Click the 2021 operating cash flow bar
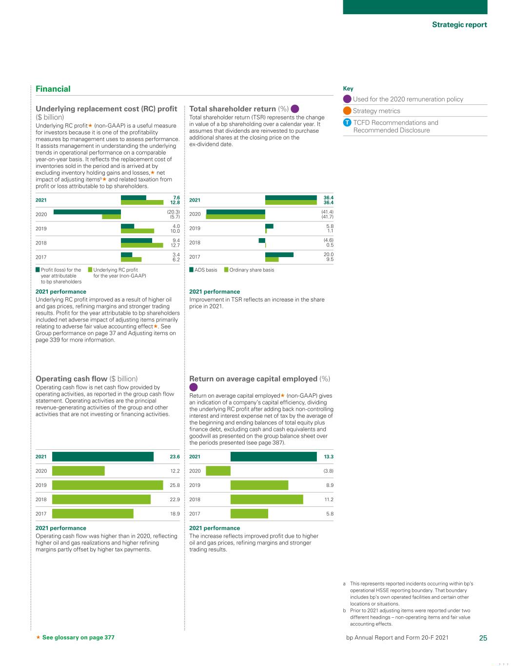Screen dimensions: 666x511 click(102, 457)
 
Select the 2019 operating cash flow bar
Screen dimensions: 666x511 click(107, 485)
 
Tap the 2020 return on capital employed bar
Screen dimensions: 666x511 click(218, 471)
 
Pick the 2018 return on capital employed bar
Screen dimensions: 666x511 click(266, 499)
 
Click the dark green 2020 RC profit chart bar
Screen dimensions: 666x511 click(87, 212)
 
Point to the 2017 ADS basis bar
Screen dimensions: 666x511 click(279, 255)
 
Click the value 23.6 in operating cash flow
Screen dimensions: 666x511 click(175, 457)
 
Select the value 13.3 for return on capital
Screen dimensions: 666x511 click(329, 457)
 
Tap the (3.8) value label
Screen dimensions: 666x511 click(329, 471)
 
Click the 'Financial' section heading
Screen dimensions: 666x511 click(53, 89)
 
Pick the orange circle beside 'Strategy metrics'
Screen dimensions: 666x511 click(347, 111)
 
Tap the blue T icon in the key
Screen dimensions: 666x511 click(347, 122)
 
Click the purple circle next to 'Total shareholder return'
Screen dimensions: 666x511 click(295, 109)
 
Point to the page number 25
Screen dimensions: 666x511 click(483, 638)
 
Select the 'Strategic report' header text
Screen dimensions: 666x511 click(459, 24)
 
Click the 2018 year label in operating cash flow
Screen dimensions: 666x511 click(41, 499)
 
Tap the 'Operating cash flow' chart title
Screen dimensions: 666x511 click(71, 379)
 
